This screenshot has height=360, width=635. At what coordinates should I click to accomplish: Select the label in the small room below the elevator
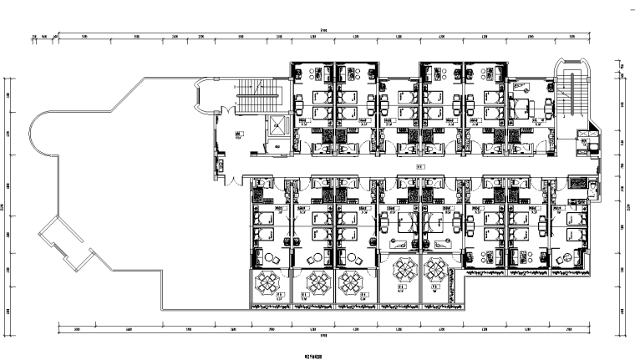click(x=276, y=150)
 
